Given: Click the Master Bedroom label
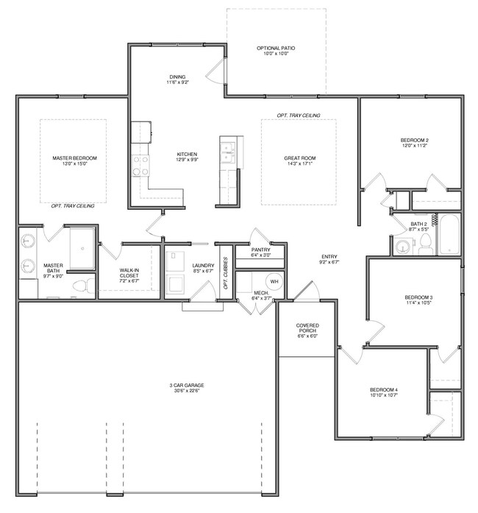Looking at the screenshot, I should pos(74,158).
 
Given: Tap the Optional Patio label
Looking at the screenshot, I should pos(276,49).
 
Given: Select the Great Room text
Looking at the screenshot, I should pos(300,158).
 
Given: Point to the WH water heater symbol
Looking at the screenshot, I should pos(273,281).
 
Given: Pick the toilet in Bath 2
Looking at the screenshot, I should pos(424,246).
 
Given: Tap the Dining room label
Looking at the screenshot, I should pos(177,77).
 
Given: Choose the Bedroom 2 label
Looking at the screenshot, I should pos(414,140).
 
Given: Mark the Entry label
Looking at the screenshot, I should pos(329,256).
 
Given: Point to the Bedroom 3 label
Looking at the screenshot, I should pos(418,297).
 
